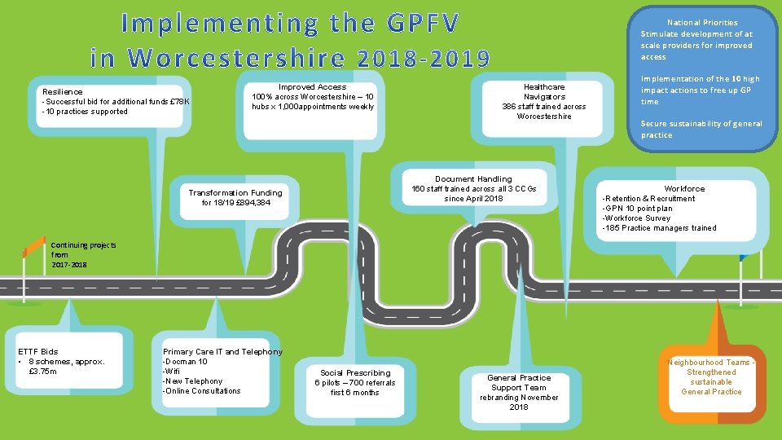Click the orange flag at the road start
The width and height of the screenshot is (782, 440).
(x=34, y=245)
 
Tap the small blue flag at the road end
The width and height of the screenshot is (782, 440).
(x=744, y=257)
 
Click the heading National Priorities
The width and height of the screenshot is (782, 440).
(x=702, y=23)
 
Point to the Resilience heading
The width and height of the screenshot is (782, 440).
(x=63, y=92)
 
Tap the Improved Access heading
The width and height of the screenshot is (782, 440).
(x=312, y=87)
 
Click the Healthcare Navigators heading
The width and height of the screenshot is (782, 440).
(x=544, y=92)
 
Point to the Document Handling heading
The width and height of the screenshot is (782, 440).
(x=473, y=178)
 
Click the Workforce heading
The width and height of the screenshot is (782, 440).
(x=684, y=188)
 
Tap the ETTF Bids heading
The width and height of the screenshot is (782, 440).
(x=38, y=352)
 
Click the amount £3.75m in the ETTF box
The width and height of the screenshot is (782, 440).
(x=43, y=372)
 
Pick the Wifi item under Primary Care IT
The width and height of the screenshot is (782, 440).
(x=172, y=372)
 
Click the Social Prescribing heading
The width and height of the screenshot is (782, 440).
(x=355, y=372)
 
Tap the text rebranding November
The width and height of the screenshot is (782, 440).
(x=519, y=398)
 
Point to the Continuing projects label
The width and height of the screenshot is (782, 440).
(x=83, y=245)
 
